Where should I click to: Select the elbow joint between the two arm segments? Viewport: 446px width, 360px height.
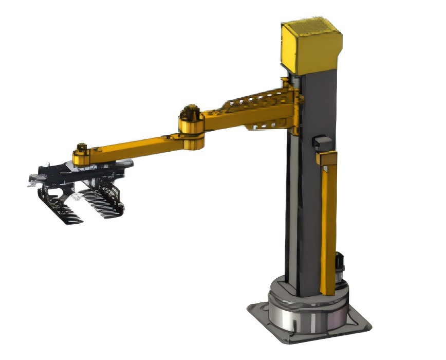pos(192,129)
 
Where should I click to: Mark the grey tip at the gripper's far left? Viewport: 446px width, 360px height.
pos(34,179)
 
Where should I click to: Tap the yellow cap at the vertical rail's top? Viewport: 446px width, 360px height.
pos(326,158)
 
